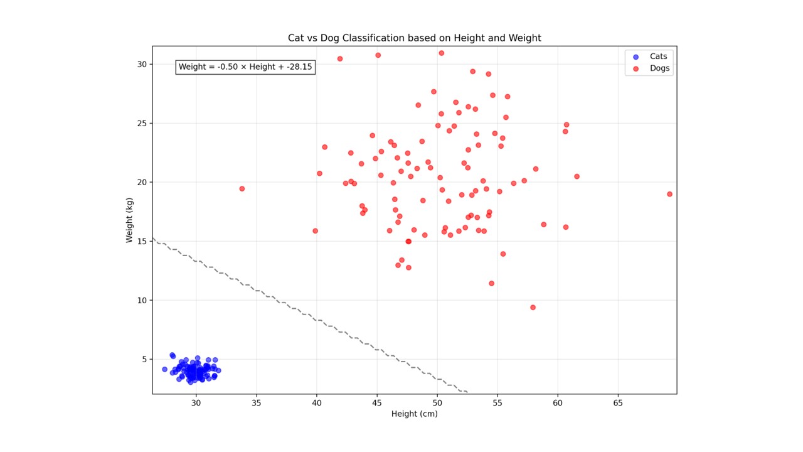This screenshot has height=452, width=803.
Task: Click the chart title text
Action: point(414,38)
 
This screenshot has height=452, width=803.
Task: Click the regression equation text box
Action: point(245,67)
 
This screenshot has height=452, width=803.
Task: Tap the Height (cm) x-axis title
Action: point(414,414)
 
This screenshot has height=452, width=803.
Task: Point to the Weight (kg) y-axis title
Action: point(129,220)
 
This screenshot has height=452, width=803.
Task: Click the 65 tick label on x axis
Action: point(618,402)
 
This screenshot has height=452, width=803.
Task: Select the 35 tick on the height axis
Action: point(256,402)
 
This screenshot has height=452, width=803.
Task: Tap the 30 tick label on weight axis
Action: point(142,64)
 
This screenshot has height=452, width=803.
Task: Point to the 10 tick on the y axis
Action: point(142,300)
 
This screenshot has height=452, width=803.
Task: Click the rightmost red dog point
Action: point(669,194)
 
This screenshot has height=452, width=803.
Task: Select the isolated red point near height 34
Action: point(242,188)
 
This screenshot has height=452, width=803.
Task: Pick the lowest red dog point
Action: point(533,308)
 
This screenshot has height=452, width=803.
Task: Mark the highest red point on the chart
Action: point(441,53)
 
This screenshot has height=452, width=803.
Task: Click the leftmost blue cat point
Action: point(165,369)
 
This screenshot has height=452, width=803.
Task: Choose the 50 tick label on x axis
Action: point(437,402)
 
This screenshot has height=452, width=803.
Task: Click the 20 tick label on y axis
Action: point(142,182)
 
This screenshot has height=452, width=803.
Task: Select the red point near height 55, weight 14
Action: point(503,254)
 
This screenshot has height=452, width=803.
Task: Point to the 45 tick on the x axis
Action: point(377,402)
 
